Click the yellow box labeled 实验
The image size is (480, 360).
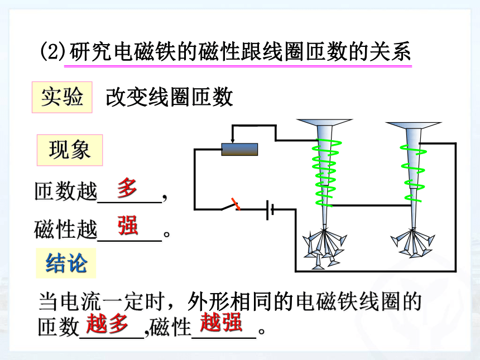point(62,97)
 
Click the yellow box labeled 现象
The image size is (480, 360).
point(70,150)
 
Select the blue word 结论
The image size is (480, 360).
point(66,263)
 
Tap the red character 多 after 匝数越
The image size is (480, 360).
point(127,188)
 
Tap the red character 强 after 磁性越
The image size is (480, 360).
point(128,225)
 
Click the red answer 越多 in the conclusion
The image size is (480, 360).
point(107,323)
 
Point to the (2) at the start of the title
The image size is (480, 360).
point(53,51)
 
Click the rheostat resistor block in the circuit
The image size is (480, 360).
point(239,150)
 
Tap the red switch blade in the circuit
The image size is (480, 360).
point(236,204)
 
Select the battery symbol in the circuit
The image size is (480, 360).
point(270,210)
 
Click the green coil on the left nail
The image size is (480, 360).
point(327,172)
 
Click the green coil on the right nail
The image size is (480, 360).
point(413,173)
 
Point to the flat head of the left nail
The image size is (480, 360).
point(324,122)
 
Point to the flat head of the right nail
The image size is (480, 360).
point(413,126)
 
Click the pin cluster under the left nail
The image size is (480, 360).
point(324,248)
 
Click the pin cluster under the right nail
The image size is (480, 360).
point(412,242)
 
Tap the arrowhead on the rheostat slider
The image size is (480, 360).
point(233,141)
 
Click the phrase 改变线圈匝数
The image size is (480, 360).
point(169,97)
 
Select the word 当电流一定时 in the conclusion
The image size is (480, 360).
point(102,301)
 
